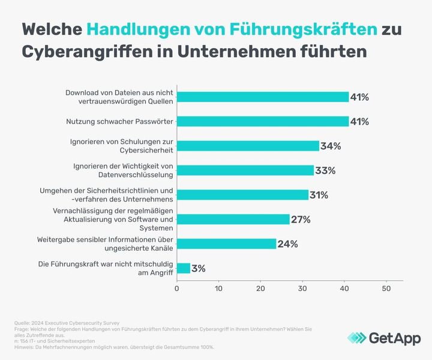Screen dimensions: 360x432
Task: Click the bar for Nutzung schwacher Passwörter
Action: click(x=263, y=121)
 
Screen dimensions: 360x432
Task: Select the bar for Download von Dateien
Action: click(x=263, y=97)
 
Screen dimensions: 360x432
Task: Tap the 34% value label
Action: click(x=331, y=146)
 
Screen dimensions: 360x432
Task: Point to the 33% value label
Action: click(x=325, y=170)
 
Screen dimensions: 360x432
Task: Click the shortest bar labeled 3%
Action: click(x=184, y=268)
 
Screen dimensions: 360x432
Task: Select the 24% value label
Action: click(x=287, y=244)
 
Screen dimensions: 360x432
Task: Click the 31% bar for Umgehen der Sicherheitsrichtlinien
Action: click(x=242, y=194)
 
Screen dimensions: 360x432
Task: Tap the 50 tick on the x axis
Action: click(x=386, y=289)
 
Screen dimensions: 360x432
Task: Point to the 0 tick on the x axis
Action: click(x=177, y=289)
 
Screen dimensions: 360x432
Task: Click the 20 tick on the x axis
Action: click(x=260, y=289)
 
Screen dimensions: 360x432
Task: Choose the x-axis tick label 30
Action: click(x=302, y=289)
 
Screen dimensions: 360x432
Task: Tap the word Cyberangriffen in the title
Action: click(x=86, y=51)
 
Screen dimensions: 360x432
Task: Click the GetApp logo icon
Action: click(x=358, y=338)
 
